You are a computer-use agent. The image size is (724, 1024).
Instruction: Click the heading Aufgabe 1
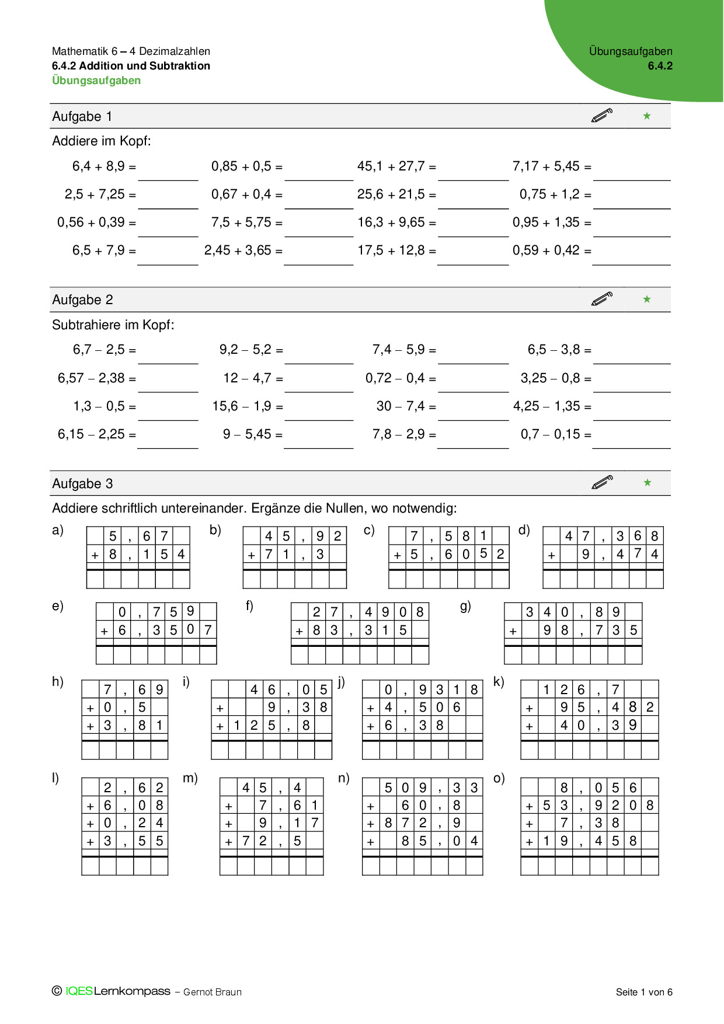tap(82, 117)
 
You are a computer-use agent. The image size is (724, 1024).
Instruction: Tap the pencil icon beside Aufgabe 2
tap(602, 299)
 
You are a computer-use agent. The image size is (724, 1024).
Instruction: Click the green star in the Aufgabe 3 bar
tap(647, 483)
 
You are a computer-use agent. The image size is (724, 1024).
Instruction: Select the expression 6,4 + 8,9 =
tap(104, 166)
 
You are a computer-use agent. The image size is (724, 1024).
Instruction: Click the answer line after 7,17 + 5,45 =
tap(631, 175)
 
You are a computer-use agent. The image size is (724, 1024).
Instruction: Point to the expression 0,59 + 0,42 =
tap(552, 250)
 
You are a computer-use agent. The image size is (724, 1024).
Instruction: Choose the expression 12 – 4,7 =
tap(253, 378)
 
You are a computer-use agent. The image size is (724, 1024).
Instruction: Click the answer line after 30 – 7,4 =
tap(473, 415)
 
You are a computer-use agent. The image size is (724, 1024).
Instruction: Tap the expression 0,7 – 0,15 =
tap(556, 434)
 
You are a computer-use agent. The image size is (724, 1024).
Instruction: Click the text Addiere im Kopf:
tap(102, 141)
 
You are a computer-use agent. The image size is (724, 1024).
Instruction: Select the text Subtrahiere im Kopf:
tap(113, 325)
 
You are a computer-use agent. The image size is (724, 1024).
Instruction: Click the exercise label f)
tap(249, 606)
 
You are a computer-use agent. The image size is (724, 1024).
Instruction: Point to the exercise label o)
tap(499, 778)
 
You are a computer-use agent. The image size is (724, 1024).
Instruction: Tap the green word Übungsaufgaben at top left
tap(96, 81)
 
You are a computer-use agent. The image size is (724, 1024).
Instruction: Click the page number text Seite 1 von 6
tap(644, 992)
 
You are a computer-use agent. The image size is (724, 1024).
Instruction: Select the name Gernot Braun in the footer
tap(212, 992)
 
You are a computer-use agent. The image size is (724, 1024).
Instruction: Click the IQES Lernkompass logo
tap(117, 991)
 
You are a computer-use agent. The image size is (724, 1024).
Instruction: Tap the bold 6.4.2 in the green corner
tap(660, 66)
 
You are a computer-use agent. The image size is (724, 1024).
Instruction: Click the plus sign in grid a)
tap(95, 555)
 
